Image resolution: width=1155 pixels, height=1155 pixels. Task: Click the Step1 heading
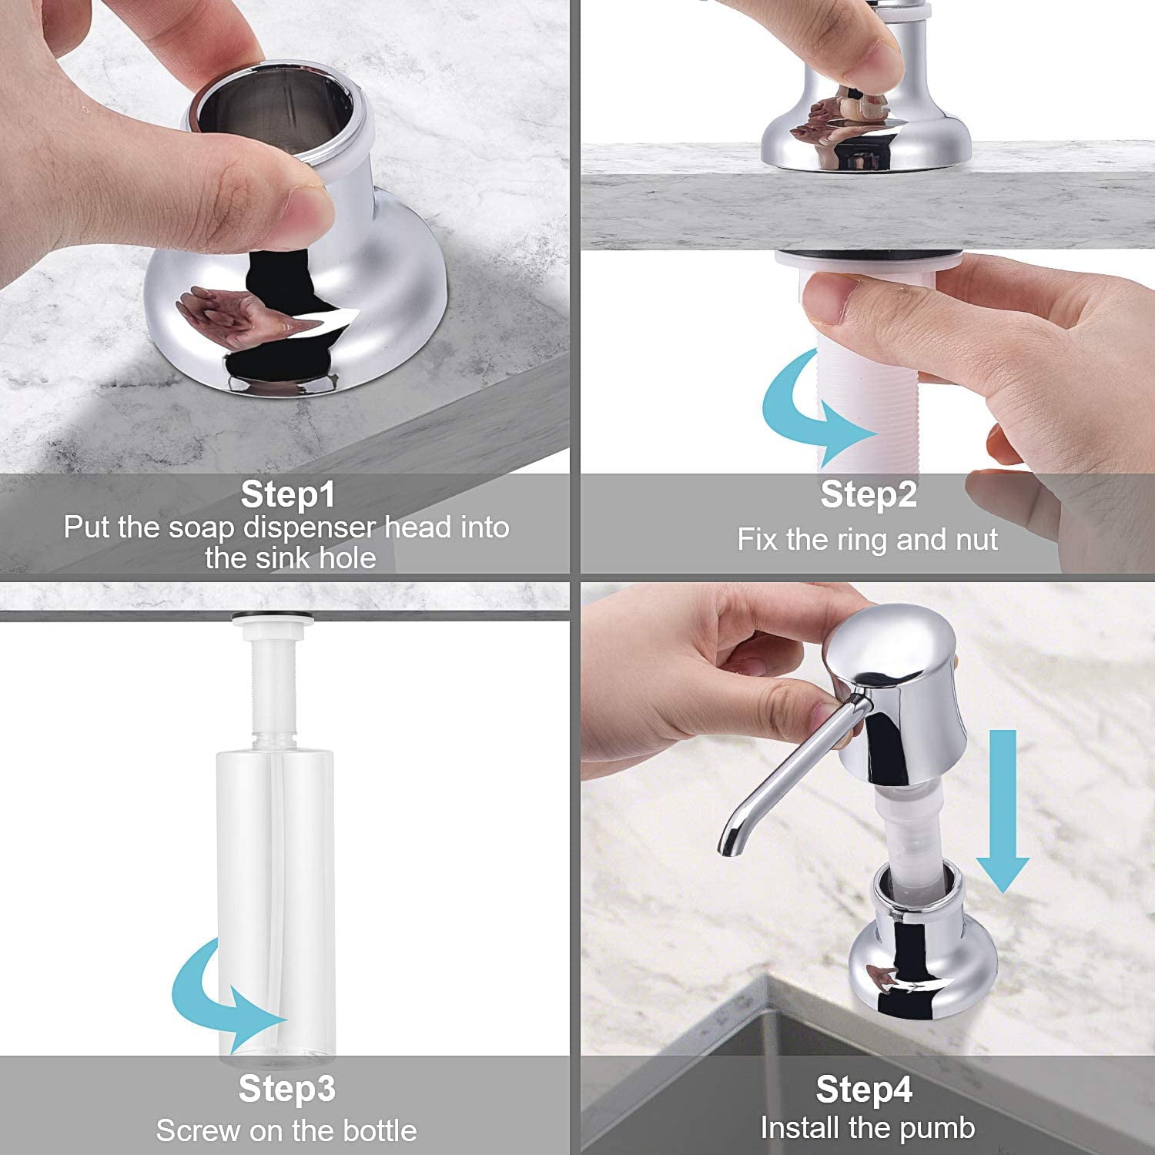tap(288, 494)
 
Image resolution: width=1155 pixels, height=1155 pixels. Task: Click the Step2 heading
tap(869, 494)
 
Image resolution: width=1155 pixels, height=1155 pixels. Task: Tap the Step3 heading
tap(287, 1089)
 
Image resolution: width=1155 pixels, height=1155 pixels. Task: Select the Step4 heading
tap(864, 1090)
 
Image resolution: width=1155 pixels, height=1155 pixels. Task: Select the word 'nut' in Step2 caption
tap(977, 541)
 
